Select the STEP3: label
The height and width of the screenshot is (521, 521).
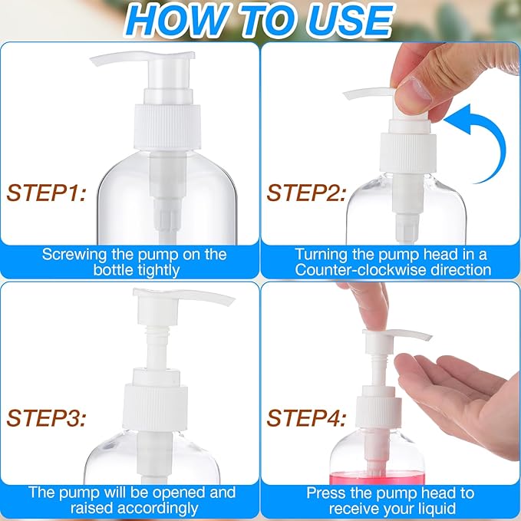[x=47, y=418]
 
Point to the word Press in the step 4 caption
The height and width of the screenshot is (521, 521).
[x=325, y=493]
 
